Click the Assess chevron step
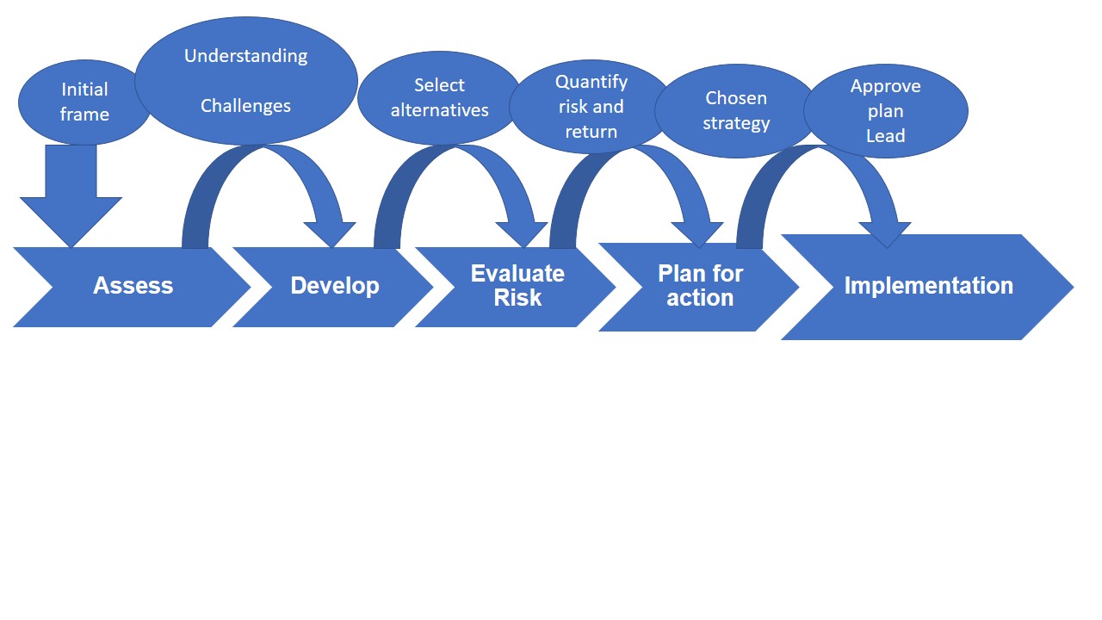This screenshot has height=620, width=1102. pyautogui.click(x=133, y=286)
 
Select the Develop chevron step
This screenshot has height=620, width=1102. pyautogui.click(x=334, y=286)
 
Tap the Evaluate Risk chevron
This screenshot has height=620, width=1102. pyautogui.click(x=517, y=286)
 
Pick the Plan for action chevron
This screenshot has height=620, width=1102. pyautogui.click(x=699, y=287)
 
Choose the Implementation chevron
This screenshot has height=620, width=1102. pyautogui.click(x=928, y=286)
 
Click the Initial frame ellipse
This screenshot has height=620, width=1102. pyautogui.click(x=84, y=102)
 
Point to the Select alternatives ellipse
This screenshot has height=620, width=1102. pyautogui.click(x=439, y=97)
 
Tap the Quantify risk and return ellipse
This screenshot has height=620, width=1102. pyautogui.click(x=591, y=107)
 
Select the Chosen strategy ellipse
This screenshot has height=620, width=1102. pyautogui.click(x=736, y=110)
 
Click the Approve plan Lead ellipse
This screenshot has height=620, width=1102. pyautogui.click(x=886, y=111)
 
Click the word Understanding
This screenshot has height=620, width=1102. pyautogui.click(x=245, y=56)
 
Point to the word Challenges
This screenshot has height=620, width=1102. pyautogui.click(x=245, y=106)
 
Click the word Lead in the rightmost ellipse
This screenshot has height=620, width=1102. pyautogui.click(x=885, y=135)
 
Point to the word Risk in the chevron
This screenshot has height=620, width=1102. pyautogui.click(x=517, y=298)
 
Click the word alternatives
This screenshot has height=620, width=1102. pyautogui.click(x=439, y=110)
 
